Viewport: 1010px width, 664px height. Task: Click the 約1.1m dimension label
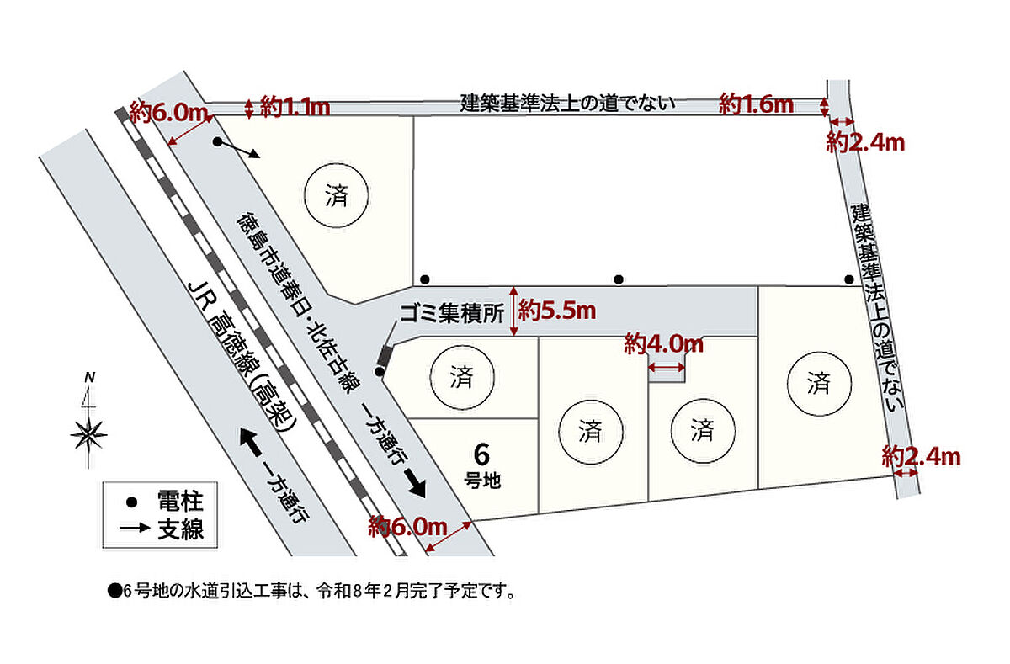pyautogui.click(x=295, y=108)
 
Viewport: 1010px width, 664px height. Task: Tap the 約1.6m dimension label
pyautogui.click(x=756, y=104)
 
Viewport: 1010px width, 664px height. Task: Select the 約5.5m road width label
pyautogui.click(x=557, y=311)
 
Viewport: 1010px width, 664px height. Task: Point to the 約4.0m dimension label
pyautogui.click(x=664, y=345)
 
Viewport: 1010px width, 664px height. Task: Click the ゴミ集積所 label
pyautogui.click(x=452, y=313)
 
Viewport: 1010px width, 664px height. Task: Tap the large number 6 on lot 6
pyautogui.click(x=481, y=454)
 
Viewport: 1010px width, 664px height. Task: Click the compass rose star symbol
pyautogui.click(x=89, y=434)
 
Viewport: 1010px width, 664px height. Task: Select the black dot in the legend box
pyautogui.click(x=131, y=502)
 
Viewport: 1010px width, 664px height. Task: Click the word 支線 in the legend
pyautogui.click(x=181, y=529)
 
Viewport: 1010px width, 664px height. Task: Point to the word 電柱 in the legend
pyautogui.click(x=181, y=502)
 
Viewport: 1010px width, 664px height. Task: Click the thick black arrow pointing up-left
pyautogui.click(x=250, y=442)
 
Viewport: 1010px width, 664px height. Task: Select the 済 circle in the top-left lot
pyautogui.click(x=337, y=195)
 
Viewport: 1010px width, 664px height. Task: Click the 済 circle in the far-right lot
pyautogui.click(x=819, y=383)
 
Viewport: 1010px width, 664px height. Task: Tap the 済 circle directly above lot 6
pyautogui.click(x=462, y=377)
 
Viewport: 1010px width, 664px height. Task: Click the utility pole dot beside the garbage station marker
pyautogui.click(x=380, y=372)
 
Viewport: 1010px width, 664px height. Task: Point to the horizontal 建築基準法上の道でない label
pyautogui.click(x=567, y=104)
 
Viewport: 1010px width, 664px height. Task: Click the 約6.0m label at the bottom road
pyautogui.click(x=407, y=527)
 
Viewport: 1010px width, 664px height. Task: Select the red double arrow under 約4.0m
pyautogui.click(x=667, y=368)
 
